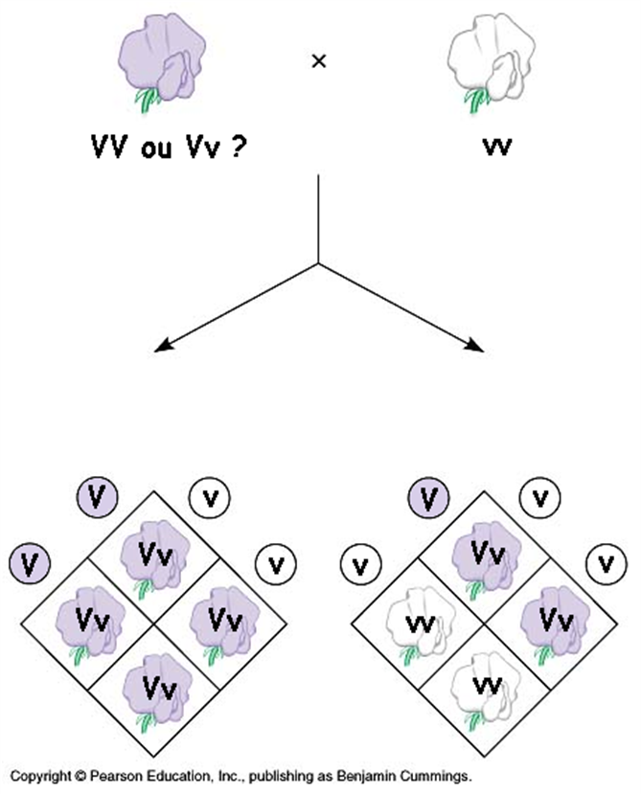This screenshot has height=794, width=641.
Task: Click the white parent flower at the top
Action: pyautogui.click(x=483, y=62)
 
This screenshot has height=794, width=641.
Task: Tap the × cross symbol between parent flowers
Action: pyautogui.click(x=319, y=61)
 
